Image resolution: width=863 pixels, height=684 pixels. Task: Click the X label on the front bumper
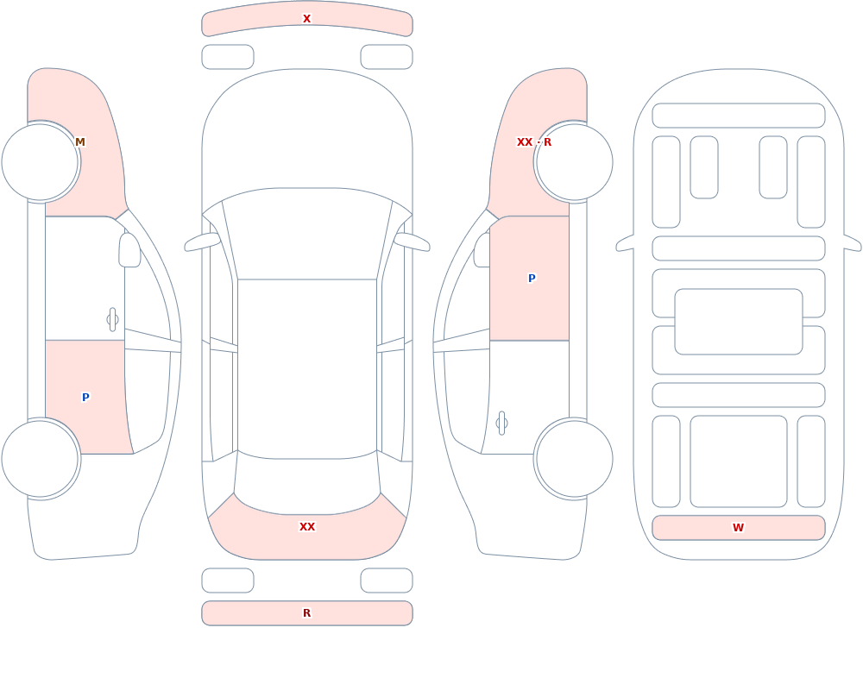306,19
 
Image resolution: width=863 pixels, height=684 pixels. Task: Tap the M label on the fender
79,142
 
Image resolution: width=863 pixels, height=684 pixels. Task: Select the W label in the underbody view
738,527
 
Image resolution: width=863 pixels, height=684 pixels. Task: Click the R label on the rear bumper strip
306,613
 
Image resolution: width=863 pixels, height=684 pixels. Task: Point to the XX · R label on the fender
534,142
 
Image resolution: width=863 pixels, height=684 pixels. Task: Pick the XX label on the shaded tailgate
306,527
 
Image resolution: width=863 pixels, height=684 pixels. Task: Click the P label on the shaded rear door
85,398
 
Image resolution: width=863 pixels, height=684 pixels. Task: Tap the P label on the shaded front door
532,279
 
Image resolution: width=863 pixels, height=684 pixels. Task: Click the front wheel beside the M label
41,162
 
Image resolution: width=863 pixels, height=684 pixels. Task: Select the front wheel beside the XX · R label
574,162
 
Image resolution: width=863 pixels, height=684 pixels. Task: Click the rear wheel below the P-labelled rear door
41,458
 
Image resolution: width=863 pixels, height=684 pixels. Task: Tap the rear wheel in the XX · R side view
574,458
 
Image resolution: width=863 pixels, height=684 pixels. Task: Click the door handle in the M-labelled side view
112,320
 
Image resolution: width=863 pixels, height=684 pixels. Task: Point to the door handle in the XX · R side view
501,424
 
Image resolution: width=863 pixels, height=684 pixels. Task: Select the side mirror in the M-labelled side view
129,250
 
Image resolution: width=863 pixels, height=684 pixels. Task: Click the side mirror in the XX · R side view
482,250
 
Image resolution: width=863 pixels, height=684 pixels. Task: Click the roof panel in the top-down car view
307,368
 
